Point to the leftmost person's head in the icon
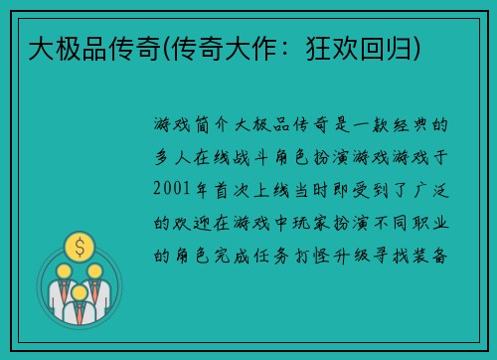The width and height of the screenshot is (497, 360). [x=62, y=271]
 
